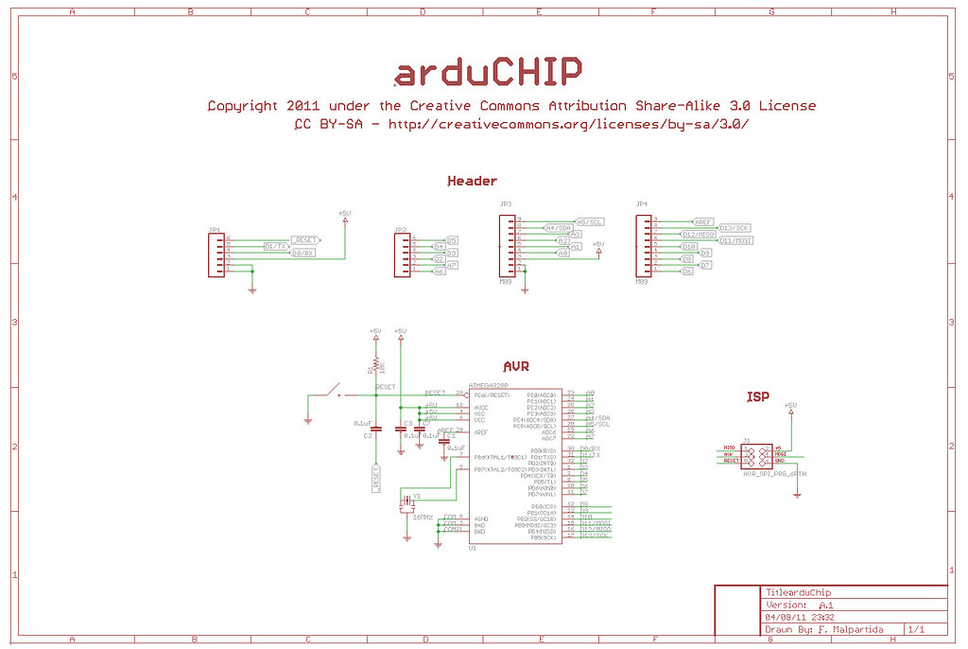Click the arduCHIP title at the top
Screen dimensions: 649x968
pyautogui.click(x=487, y=71)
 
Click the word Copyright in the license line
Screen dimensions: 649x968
pyautogui.click(x=242, y=106)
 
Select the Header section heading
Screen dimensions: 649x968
pyautogui.click(x=472, y=181)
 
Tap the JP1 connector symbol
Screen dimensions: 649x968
pyautogui.click(x=216, y=254)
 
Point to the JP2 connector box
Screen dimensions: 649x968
pyautogui.click(x=403, y=254)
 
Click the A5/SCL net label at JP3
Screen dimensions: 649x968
pyautogui.click(x=589, y=221)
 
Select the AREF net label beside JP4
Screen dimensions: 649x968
pyautogui.click(x=702, y=220)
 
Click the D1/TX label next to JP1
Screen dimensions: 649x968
pyautogui.click(x=276, y=246)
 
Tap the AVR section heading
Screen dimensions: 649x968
pyautogui.click(x=517, y=366)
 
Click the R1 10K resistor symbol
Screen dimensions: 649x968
pyautogui.click(x=375, y=364)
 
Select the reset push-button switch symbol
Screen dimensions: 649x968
pyautogui.click(x=330, y=390)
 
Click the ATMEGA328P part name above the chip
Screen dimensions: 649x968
pyautogui.click(x=489, y=386)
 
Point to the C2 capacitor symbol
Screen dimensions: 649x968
pyautogui.click(x=375, y=429)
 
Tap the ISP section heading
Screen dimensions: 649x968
pyautogui.click(x=757, y=396)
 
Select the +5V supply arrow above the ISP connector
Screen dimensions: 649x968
pyautogui.click(x=790, y=408)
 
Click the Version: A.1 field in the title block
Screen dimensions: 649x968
pyautogui.click(x=800, y=604)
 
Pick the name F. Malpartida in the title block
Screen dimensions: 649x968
pyautogui.click(x=850, y=628)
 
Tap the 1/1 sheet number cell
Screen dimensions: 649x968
pyautogui.click(x=915, y=628)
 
